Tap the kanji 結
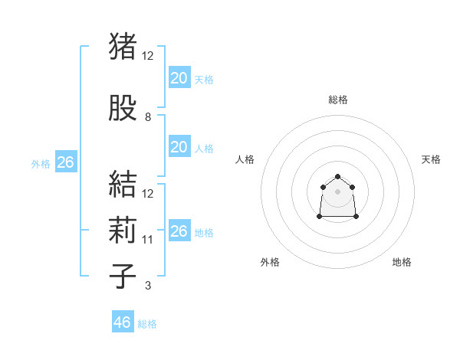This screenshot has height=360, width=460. (x=123, y=185)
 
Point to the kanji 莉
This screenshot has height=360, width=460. (x=123, y=231)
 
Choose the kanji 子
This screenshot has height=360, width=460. (x=123, y=277)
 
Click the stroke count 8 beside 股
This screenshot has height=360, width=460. (x=148, y=117)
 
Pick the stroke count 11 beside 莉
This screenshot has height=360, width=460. (x=148, y=240)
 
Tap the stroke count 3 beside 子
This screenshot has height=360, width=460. (x=148, y=286)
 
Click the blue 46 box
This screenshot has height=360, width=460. (x=123, y=322)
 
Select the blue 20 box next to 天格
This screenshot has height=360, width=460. (x=179, y=77)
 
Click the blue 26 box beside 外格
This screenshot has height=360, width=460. (x=65, y=162)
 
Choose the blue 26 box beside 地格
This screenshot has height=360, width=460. (x=179, y=231)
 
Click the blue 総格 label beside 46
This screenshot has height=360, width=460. (x=147, y=324)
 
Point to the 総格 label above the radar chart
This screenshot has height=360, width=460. (x=337, y=100)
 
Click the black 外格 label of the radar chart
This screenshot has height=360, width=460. (x=270, y=262)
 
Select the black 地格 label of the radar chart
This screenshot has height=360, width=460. (x=402, y=262)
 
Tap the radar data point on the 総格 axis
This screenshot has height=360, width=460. (x=337, y=176)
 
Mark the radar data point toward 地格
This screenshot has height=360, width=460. (x=356, y=217)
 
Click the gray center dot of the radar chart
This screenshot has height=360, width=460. (x=337, y=191)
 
